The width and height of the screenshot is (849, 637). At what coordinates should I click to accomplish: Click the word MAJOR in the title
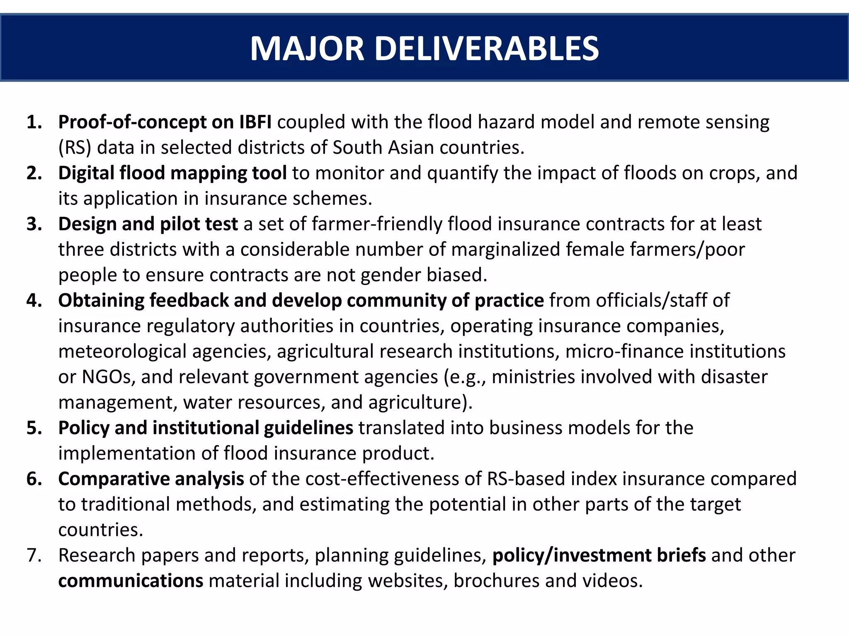[x=307, y=49]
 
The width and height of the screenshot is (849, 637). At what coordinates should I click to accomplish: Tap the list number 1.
[x=34, y=122]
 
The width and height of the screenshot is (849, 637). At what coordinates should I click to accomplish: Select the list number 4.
[x=34, y=301]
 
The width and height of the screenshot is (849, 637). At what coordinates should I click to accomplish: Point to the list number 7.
[x=34, y=556]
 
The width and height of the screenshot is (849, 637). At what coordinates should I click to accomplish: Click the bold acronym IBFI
[x=255, y=122]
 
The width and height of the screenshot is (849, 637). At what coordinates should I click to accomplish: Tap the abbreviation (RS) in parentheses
[x=75, y=148]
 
